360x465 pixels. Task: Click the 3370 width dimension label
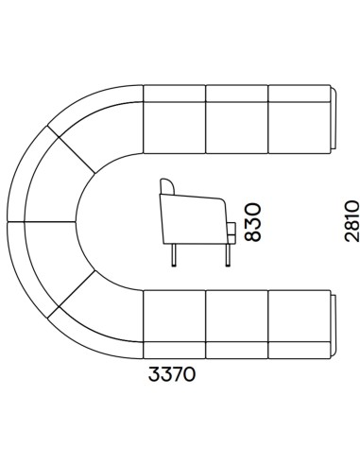172,374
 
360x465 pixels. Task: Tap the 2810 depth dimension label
351,221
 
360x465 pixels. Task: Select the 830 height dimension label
252,222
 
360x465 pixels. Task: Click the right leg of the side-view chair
228,255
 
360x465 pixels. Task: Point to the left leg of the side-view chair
174,255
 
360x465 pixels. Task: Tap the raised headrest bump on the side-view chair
167,186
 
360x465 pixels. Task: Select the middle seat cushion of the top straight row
237,128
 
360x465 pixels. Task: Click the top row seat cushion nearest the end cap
299,128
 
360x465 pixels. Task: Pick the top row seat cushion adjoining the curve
175,128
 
